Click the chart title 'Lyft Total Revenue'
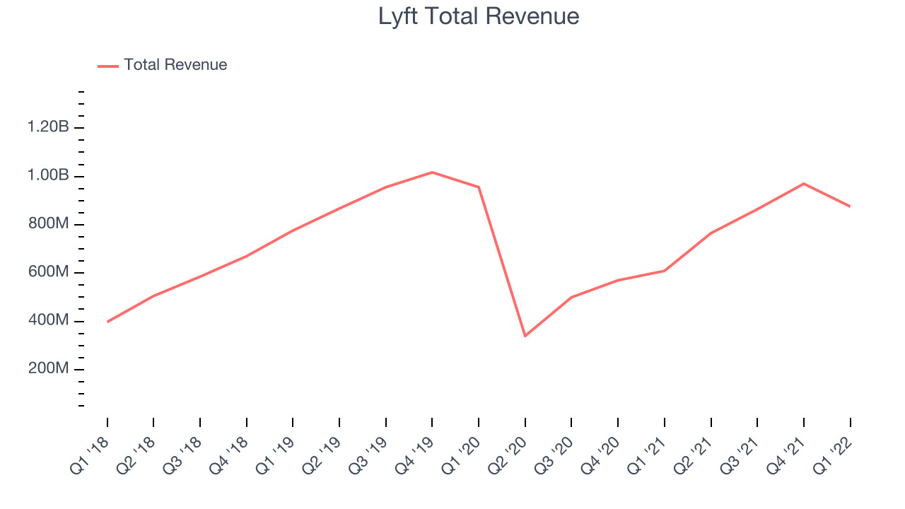pyautogui.click(x=479, y=17)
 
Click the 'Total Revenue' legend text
pyautogui.click(x=175, y=64)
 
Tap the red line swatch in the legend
pyautogui.click(x=108, y=66)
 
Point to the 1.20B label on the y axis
pyautogui.click(x=48, y=127)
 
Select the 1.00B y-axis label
pyautogui.click(x=48, y=175)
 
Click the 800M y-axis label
pyautogui.click(x=49, y=223)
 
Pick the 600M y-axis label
pyautogui.click(x=49, y=271)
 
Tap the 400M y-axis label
pyautogui.click(x=49, y=320)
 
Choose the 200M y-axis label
pyautogui.click(x=49, y=368)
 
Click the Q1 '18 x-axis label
pyautogui.click(x=90, y=456)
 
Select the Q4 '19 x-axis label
pyautogui.click(x=414, y=456)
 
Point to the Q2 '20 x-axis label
pyautogui.click(x=508, y=456)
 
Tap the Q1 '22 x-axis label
pyautogui.click(x=833, y=456)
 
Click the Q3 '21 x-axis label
pyautogui.click(x=740, y=456)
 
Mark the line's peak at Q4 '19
pyautogui.click(x=432, y=172)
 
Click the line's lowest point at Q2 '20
pyautogui.click(x=525, y=336)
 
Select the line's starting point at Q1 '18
pyautogui.click(x=107, y=322)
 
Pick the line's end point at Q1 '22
pyautogui.click(x=850, y=206)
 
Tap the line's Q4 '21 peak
pyautogui.click(x=804, y=184)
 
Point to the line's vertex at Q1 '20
pyautogui.click(x=479, y=187)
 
